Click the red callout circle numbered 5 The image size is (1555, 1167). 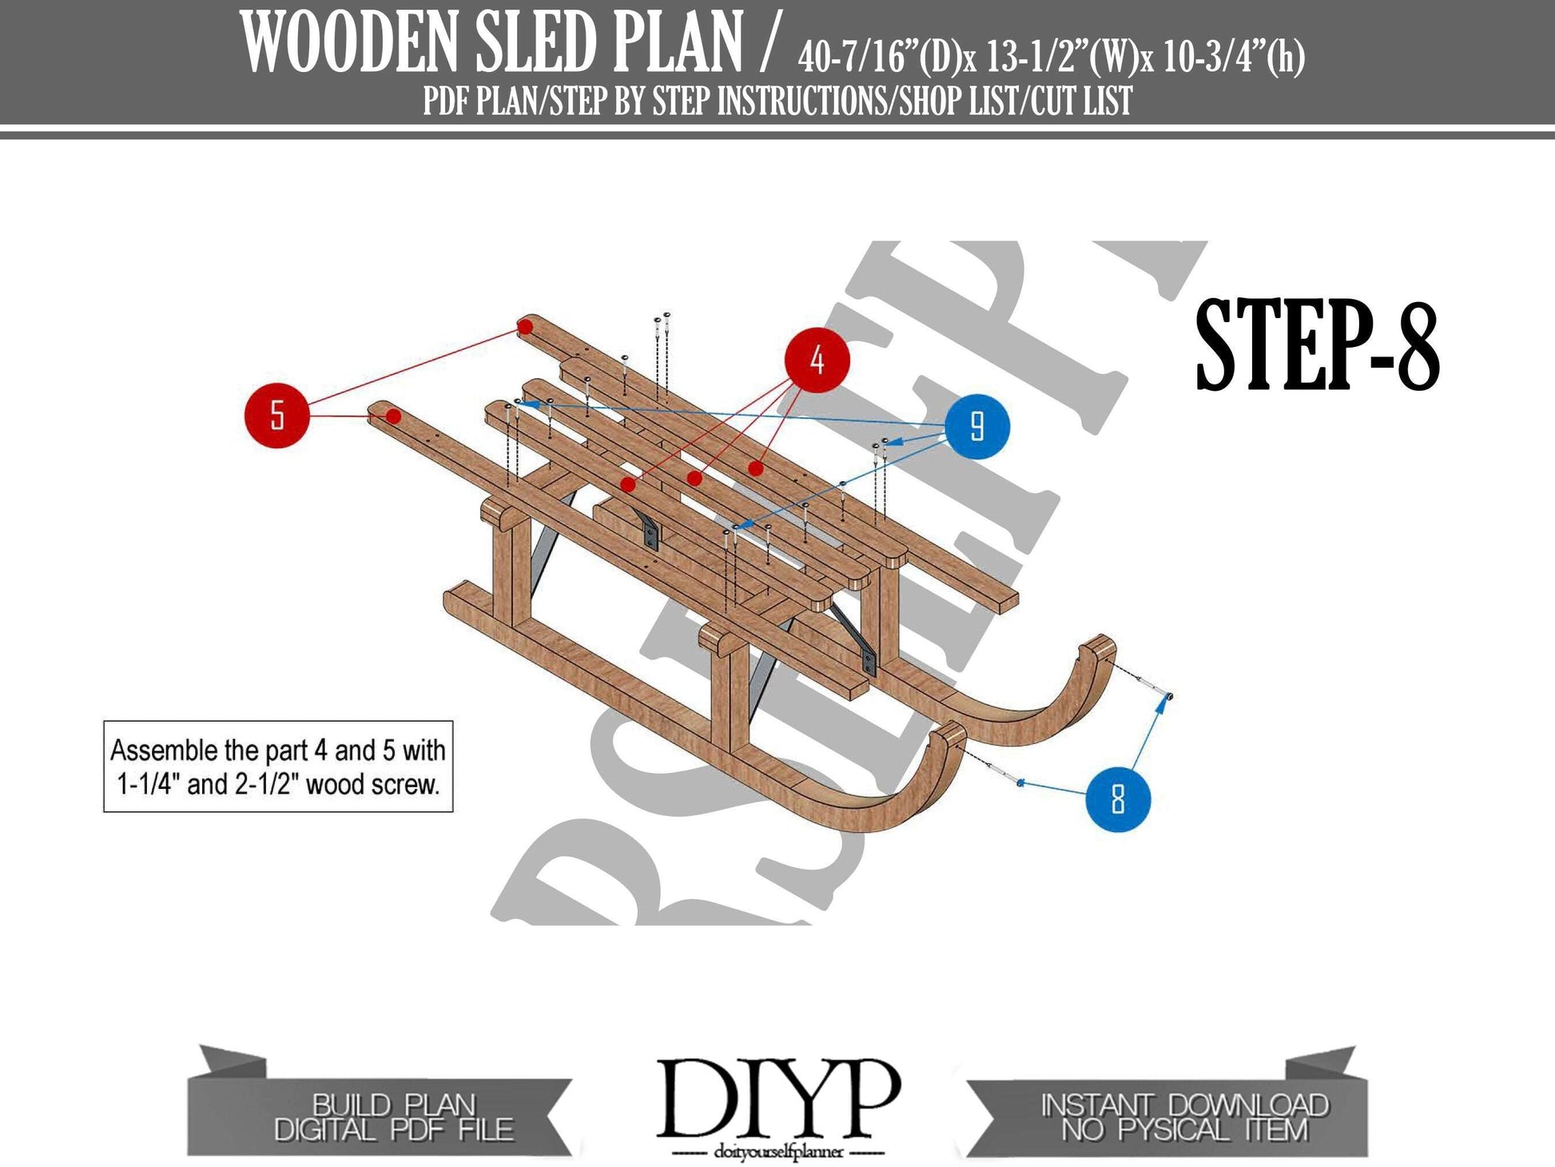pyautogui.click(x=276, y=416)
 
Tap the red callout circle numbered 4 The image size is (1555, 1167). pyautogui.click(x=817, y=360)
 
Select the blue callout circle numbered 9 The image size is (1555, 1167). pyautogui.click(x=976, y=427)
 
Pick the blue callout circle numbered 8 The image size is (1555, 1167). pyautogui.click(x=1118, y=799)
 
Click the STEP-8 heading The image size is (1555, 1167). pyautogui.click(x=1317, y=345)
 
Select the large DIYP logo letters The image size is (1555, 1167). pyautogui.click(x=777, y=1100)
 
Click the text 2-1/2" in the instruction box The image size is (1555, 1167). pyautogui.click(x=267, y=785)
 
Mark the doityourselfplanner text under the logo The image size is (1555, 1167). pyautogui.click(x=770, y=1153)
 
